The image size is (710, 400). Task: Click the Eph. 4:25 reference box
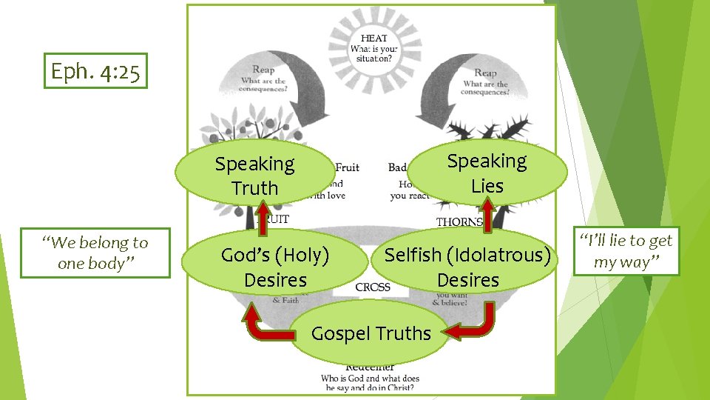coord(95,71)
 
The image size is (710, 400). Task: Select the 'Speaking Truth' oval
coord(254,176)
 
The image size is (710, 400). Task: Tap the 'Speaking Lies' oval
coord(487,173)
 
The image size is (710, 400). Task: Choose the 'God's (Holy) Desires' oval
coord(275,267)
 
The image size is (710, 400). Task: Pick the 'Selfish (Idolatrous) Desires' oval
coord(467,267)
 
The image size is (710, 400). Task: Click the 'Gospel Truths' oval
coord(371,333)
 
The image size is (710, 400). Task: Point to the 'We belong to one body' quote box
coord(95,253)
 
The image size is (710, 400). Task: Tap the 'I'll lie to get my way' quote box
coord(626,251)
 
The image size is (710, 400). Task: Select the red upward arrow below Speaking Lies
coord(488,211)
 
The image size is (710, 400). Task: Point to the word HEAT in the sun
coord(373,38)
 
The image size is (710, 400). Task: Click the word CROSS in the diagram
coord(373,287)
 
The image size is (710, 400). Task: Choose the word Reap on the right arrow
coord(485,73)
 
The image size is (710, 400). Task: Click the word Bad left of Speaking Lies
coord(397,167)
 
